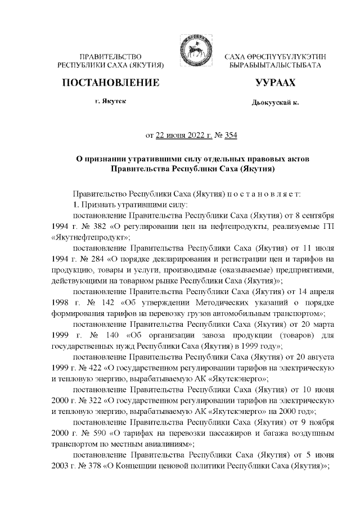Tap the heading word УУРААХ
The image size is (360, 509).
click(275, 83)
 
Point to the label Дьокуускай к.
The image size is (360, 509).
click(275, 103)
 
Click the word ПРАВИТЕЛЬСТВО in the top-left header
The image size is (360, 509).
click(110, 56)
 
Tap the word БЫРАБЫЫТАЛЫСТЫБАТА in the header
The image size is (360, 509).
click(275, 66)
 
